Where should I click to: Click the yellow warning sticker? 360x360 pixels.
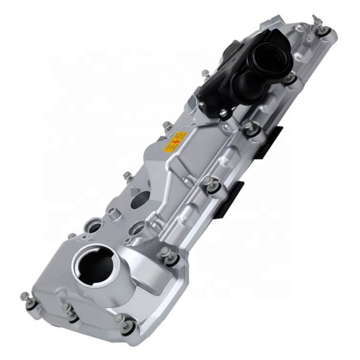[175, 142]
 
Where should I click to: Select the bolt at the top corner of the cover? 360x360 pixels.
[317, 22]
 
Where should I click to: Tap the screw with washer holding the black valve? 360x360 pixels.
[223, 113]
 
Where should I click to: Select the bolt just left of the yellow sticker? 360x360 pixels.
[166, 126]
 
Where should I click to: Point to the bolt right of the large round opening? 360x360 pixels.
[166, 252]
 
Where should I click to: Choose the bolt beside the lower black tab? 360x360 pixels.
[208, 182]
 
